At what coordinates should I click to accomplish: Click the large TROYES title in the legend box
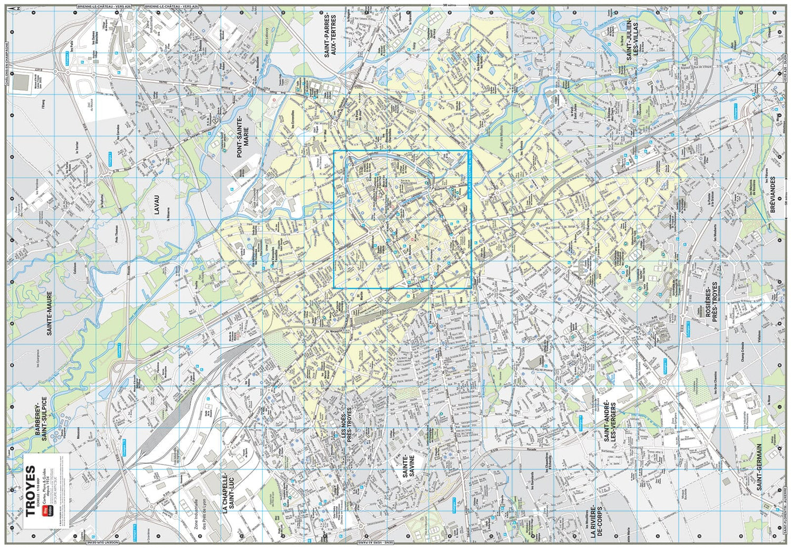(x=31, y=491)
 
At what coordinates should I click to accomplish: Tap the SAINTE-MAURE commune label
(x=50, y=313)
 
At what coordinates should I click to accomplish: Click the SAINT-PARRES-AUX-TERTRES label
(x=331, y=36)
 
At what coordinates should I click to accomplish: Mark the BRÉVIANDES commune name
(x=773, y=195)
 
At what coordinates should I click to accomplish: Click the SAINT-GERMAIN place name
(x=760, y=467)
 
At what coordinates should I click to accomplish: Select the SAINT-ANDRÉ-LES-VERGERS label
(x=610, y=420)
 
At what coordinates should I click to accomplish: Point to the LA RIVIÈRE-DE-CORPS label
(x=597, y=514)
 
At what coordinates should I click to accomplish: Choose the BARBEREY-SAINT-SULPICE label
(x=41, y=417)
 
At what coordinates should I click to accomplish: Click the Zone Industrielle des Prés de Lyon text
(x=201, y=517)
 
